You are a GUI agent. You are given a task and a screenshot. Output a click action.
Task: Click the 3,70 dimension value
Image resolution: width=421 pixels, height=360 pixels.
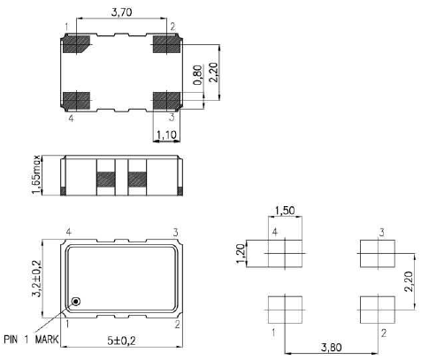(x=122, y=11)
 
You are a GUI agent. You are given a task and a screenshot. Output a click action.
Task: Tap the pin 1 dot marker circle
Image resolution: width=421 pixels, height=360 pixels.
(x=77, y=302)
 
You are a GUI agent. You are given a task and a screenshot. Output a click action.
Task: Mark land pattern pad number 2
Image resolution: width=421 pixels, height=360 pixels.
(x=373, y=310)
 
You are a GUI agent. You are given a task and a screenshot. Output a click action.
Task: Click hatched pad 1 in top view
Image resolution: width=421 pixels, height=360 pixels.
(x=78, y=44)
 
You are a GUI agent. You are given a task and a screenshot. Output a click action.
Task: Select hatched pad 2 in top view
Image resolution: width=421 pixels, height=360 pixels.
(x=165, y=44)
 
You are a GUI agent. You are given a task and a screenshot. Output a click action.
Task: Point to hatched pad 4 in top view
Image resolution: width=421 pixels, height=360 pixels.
(x=78, y=98)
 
